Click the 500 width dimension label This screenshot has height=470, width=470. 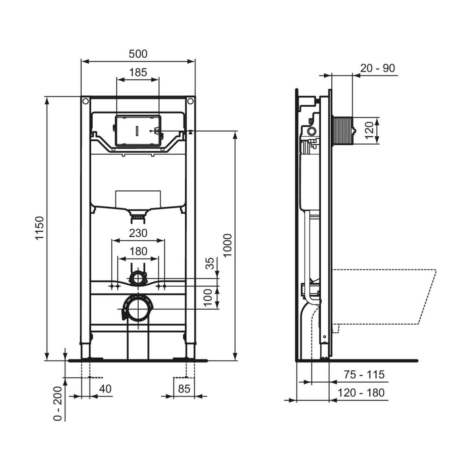138,54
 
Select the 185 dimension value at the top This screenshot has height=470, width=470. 138,72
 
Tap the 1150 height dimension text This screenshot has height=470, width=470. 40,228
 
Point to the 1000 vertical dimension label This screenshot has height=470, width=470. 228,245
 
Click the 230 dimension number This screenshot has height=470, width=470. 138,233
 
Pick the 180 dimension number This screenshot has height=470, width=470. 138,251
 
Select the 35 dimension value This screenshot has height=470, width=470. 209,263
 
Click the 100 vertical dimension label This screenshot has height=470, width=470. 208,297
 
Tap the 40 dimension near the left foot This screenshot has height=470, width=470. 105,389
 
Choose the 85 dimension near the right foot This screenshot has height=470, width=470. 184,389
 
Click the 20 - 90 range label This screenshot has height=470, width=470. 378,68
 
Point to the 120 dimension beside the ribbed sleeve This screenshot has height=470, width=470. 369,130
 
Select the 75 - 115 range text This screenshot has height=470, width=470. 364,374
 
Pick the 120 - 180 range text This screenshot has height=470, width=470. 361,392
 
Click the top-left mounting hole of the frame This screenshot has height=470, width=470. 85,101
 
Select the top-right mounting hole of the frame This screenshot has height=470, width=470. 190,101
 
